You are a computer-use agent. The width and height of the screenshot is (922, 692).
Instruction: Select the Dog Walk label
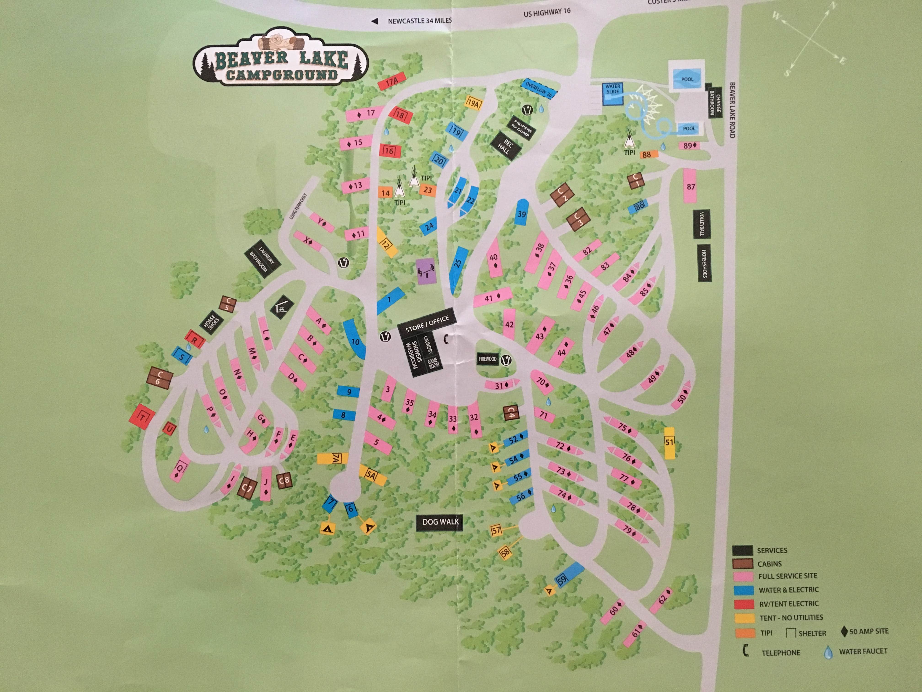coord(440,522)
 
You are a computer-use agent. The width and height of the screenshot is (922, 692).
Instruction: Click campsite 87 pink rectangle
coord(691,186)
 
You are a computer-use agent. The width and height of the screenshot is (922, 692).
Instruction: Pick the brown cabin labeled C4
coord(511,413)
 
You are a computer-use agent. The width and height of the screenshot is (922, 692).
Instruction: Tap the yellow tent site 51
coord(669,443)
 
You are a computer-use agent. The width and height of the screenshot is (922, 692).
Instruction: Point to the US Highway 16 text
coord(547,13)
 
